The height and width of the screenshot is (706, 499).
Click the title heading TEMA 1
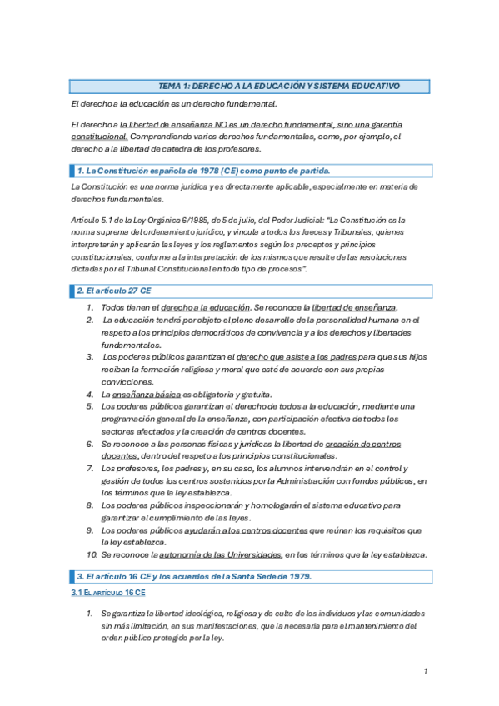pos(279,86)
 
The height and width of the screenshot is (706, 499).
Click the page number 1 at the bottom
pos(425,671)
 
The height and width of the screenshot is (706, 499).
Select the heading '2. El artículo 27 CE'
pos(114,291)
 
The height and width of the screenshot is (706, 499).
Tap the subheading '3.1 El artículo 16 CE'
pos(107,592)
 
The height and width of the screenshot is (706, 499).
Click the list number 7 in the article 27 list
pos(92,468)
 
